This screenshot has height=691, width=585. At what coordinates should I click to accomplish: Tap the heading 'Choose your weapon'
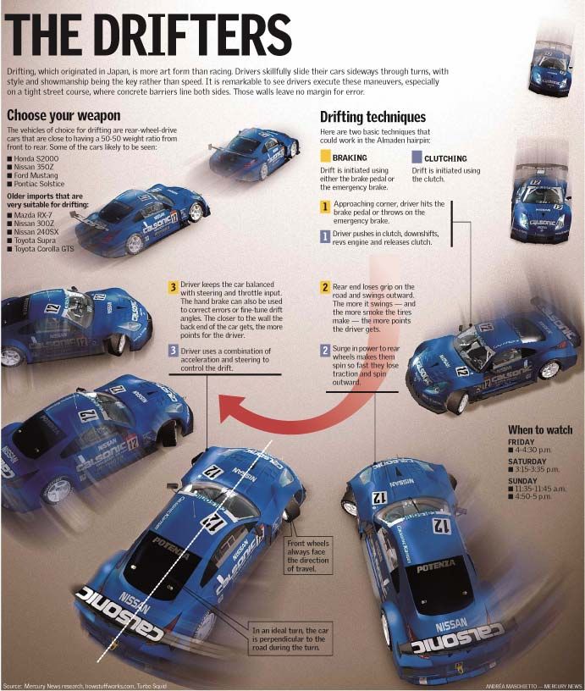(x=63, y=115)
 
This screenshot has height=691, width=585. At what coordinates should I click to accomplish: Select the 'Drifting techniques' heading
(x=373, y=118)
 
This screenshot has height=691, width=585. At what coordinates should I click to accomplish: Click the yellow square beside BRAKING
(x=325, y=158)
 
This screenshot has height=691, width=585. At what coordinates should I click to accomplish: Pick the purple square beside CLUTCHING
(x=417, y=158)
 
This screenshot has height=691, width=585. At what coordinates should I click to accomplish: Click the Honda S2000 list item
(x=39, y=158)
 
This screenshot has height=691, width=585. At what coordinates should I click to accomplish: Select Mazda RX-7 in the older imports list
(x=36, y=216)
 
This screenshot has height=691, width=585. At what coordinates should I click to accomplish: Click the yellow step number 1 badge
(x=325, y=207)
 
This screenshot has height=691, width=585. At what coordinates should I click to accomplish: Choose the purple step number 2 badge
(x=325, y=350)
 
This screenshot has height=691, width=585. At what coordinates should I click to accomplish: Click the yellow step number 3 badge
(x=173, y=287)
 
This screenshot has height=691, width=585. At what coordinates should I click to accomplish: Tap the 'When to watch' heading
(x=540, y=429)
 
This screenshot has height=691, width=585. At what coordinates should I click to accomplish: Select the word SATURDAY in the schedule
(x=527, y=462)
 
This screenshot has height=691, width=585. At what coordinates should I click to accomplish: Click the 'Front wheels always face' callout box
(x=312, y=556)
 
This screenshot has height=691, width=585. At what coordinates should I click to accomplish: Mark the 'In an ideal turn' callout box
(x=290, y=640)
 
